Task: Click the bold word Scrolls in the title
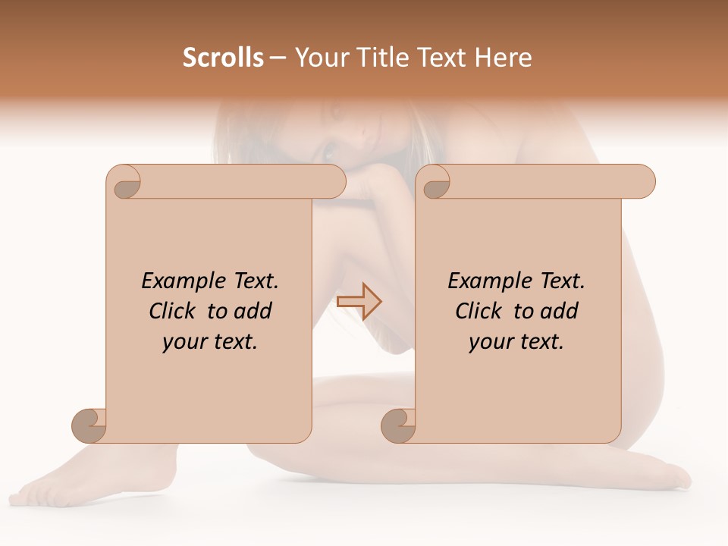point(224,58)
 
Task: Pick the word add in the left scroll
point(253,311)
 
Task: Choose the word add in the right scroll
point(560,311)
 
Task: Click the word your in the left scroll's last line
point(184,342)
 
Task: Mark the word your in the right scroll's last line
point(491,342)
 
